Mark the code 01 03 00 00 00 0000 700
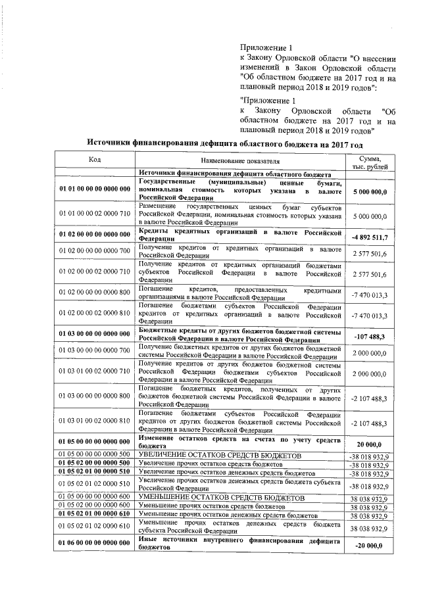[95, 352]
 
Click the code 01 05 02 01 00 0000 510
[95, 472]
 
